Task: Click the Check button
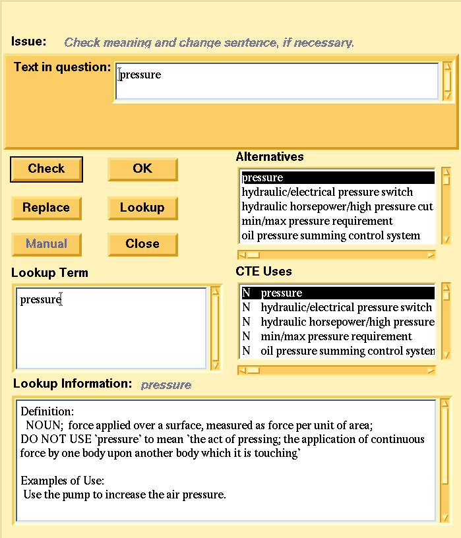pyautogui.click(x=46, y=169)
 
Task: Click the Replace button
pyautogui.click(x=46, y=208)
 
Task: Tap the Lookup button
pyautogui.click(x=142, y=208)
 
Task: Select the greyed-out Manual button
pyautogui.click(x=46, y=244)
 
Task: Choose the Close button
pyautogui.click(x=142, y=244)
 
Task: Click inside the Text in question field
pyautogui.click(x=277, y=80)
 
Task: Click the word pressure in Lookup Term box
pyautogui.click(x=40, y=300)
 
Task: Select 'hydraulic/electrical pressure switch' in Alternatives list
pyautogui.click(x=327, y=193)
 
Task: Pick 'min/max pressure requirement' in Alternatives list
pyautogui.click(x=317, y=222)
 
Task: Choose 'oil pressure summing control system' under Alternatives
pyautogui.click(x=330, y=236)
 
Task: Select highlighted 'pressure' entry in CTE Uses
pyautogui.click(x=282, y=293)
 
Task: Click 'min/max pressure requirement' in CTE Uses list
pyautogui.click(x=336, y=337)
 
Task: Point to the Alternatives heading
pyautogui.click(x=270, y=157)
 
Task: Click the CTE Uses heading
pyautogui.click(x=264, y=272)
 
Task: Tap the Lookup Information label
pyautogui.click(x=73, y=384)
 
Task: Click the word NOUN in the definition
pyautogui.click(x=43, y=426)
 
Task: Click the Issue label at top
pyautogui.click(x=29, y=42)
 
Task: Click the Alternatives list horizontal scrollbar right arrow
pyautogui.click(x=431, y=254)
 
